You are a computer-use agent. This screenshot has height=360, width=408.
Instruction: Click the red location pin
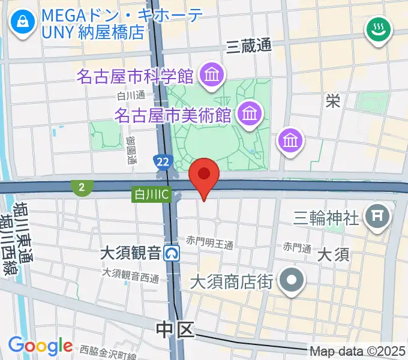pos(204,176)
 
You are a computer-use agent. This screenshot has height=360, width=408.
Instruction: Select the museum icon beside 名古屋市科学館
pos(212,76)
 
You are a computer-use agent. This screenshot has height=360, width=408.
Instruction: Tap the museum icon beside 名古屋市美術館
pos(248,112)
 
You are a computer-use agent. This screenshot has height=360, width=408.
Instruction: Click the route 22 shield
pos(161,162)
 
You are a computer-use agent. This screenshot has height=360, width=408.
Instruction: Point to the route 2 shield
pos(80,188)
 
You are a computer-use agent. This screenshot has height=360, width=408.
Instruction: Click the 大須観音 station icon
pos(173,253)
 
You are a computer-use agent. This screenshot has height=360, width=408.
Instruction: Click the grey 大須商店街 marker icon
pos(292,280)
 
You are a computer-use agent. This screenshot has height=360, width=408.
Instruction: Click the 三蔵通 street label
pos(249,45)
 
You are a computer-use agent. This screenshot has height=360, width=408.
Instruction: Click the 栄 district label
pos(332,101)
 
